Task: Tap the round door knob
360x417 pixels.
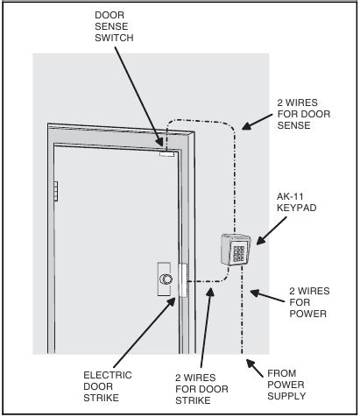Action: pos(166,279)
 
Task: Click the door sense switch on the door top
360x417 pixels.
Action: pos(167,157)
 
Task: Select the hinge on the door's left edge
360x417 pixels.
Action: pos(54,190)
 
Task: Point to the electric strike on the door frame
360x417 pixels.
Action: pos(182,280)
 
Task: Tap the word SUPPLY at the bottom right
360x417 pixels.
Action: pos(290,397)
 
